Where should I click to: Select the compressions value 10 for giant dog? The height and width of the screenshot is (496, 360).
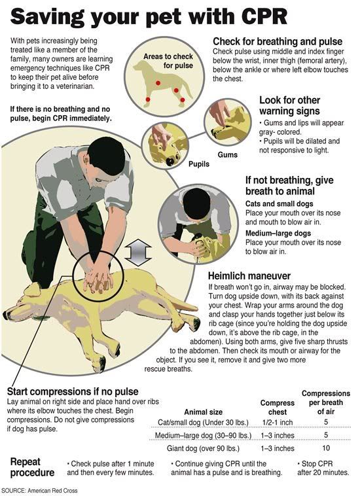[325, 448]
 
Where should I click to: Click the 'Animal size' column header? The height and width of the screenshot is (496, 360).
[205, 412]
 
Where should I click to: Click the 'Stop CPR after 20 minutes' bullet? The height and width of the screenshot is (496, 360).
[323, 468]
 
